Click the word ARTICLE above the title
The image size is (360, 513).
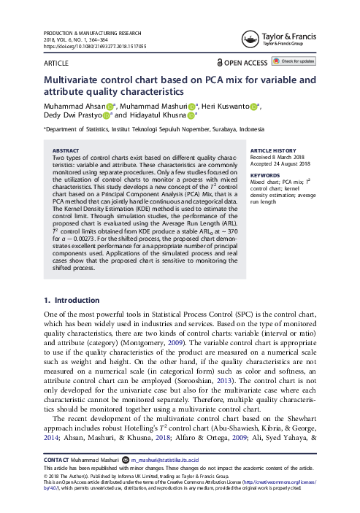point(59,64)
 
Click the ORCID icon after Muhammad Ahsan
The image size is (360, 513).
point(100,107)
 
